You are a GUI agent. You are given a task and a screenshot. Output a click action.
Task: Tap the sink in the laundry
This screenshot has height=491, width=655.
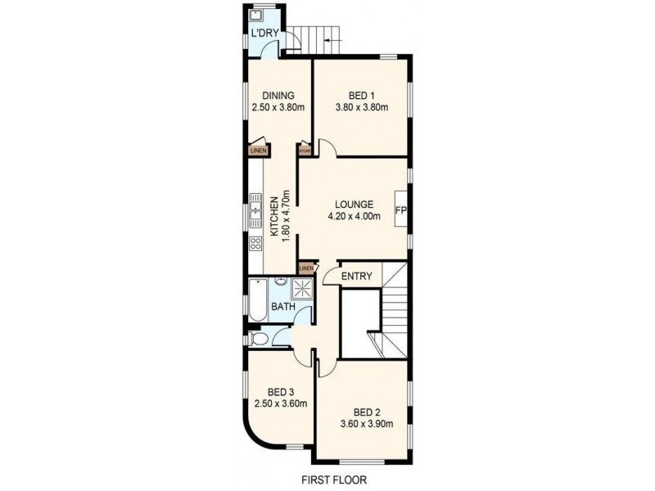pyautogui.click(x=255, y=15)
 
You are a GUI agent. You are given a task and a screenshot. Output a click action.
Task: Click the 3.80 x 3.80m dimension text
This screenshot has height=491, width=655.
pyautogui.click(x=361, y=107)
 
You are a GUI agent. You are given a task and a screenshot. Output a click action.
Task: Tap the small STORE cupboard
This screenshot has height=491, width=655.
pyautogui.click(x=305, y=151)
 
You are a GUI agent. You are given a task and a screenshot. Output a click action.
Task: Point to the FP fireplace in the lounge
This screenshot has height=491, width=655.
pyautogui.click(x=401, y=210)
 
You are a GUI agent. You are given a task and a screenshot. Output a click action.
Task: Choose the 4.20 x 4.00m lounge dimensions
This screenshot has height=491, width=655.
pyautogui.click(x=354, y=217)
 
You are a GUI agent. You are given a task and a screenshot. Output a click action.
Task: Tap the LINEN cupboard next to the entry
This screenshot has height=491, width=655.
pyautogui.click(x=306, y=268)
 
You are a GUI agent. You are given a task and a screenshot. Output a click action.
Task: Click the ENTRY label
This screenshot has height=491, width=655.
pyautogui.click(x=357, y=277)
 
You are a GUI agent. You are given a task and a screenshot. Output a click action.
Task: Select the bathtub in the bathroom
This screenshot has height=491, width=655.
pyautogui.click(x=255, y=300)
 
